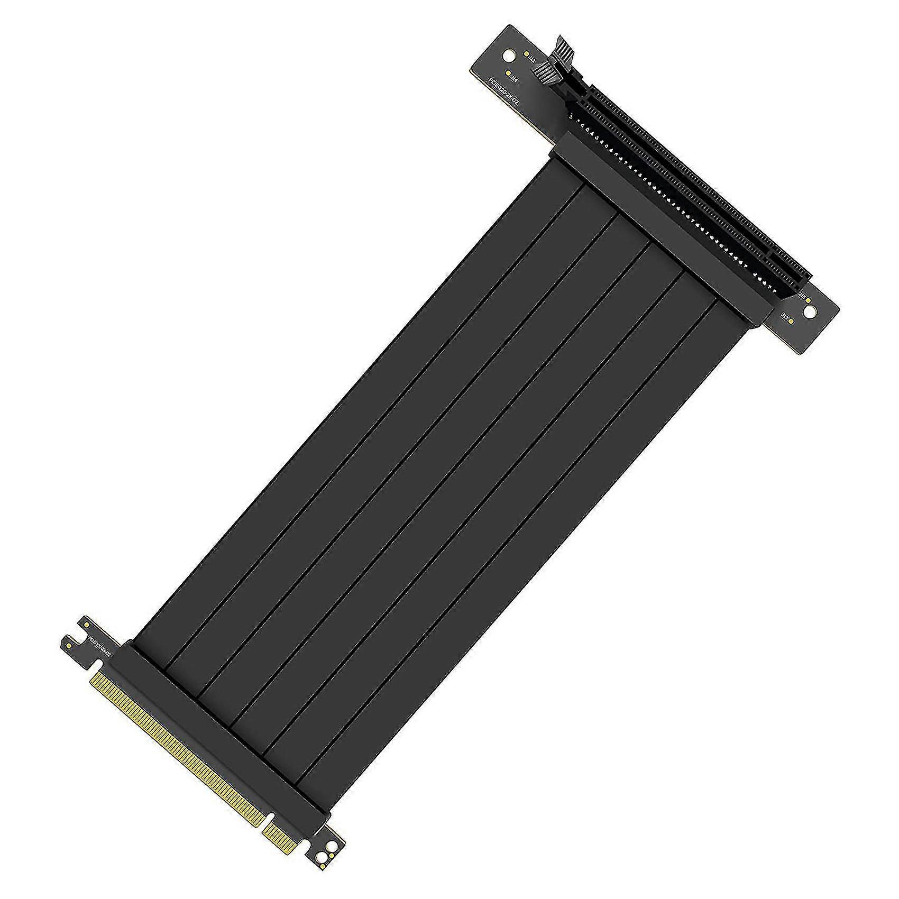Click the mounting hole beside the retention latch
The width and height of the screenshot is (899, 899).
508,55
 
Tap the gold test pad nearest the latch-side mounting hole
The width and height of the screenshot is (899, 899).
526,53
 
